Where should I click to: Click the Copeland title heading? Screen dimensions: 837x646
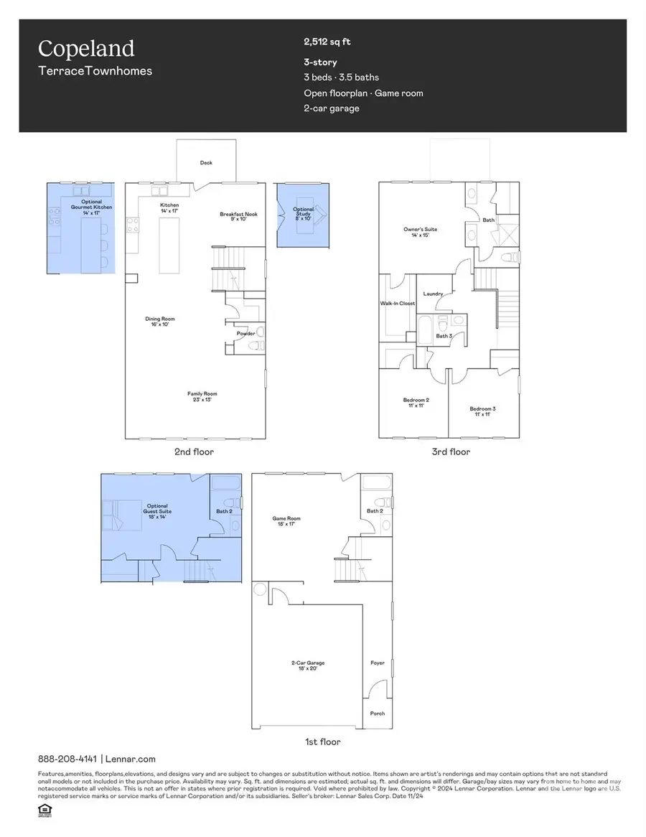pos(86,49)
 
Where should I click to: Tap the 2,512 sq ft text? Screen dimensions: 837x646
pos(328,42)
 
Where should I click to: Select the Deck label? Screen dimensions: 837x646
pos(206,163)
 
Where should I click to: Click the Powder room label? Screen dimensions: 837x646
pos(245,333)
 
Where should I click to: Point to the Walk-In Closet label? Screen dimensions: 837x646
pos(398,304)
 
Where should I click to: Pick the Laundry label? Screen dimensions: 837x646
pos(433,294)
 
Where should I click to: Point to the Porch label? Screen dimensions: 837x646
pos(377,713)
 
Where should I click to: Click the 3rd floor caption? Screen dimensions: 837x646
pos(450,452)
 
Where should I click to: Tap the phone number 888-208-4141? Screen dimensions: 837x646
pos(67,759)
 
